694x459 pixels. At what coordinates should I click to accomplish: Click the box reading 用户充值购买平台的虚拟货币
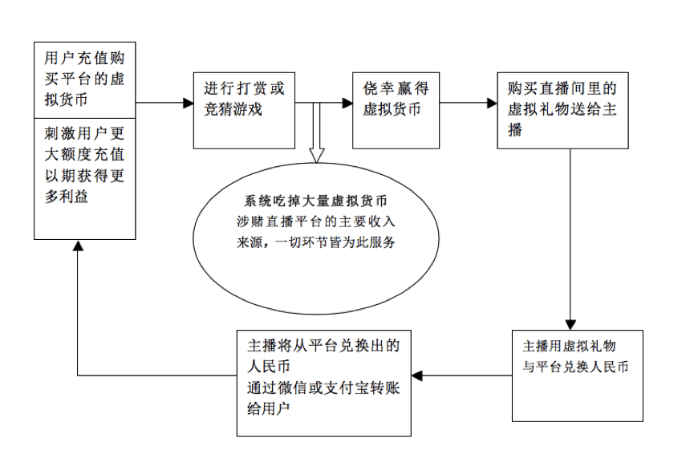(84, 79)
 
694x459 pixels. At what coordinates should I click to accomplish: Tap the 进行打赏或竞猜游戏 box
(244, 109)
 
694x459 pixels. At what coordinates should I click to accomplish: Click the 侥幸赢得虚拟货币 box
(396, 109)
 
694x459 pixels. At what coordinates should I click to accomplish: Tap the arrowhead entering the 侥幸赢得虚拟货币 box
(347, 103)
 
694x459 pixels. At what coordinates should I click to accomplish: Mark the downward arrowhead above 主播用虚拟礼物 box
(570, 323)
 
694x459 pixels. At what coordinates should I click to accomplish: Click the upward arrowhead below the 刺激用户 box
(78, 245)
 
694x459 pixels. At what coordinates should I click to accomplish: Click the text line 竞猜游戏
(233, 110)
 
